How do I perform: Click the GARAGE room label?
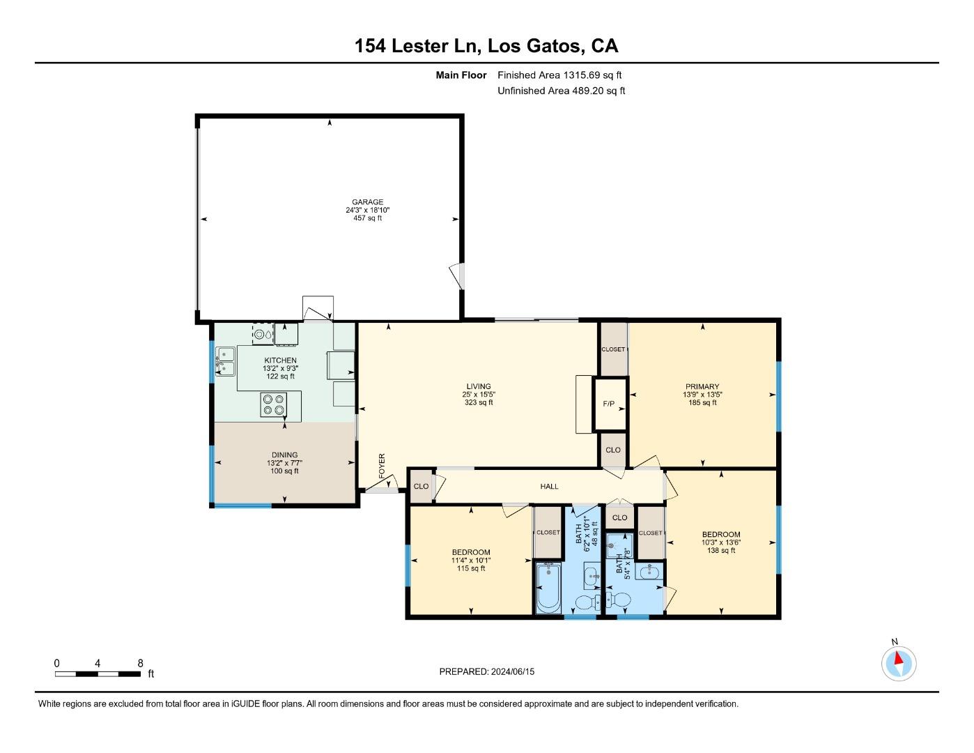[x=367, y=201]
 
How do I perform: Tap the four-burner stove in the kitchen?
[x=274, y=404]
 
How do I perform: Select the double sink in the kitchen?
[x=226, y=361]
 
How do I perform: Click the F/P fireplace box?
[x=610, y=404]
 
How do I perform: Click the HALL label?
[x=549, y=486]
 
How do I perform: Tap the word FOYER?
[x=382, y=466]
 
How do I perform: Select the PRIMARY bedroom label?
[x=702, y=386]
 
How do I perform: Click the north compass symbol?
[x=898, y=663]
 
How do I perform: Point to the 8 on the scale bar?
[x=140, y=663]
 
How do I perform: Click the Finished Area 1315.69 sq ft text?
[x=559, y=75]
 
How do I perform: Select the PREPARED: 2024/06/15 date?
[x=487, y=671]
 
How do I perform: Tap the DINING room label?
[x=285, y=455]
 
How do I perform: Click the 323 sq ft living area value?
[x=479, y=402]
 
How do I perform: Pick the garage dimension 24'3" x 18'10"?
[x=367, y=210]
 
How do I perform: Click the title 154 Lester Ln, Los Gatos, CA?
[x=486, y=46]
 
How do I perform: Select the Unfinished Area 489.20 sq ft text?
[x=561, y=91]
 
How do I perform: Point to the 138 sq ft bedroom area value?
[x=721, y=550]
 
